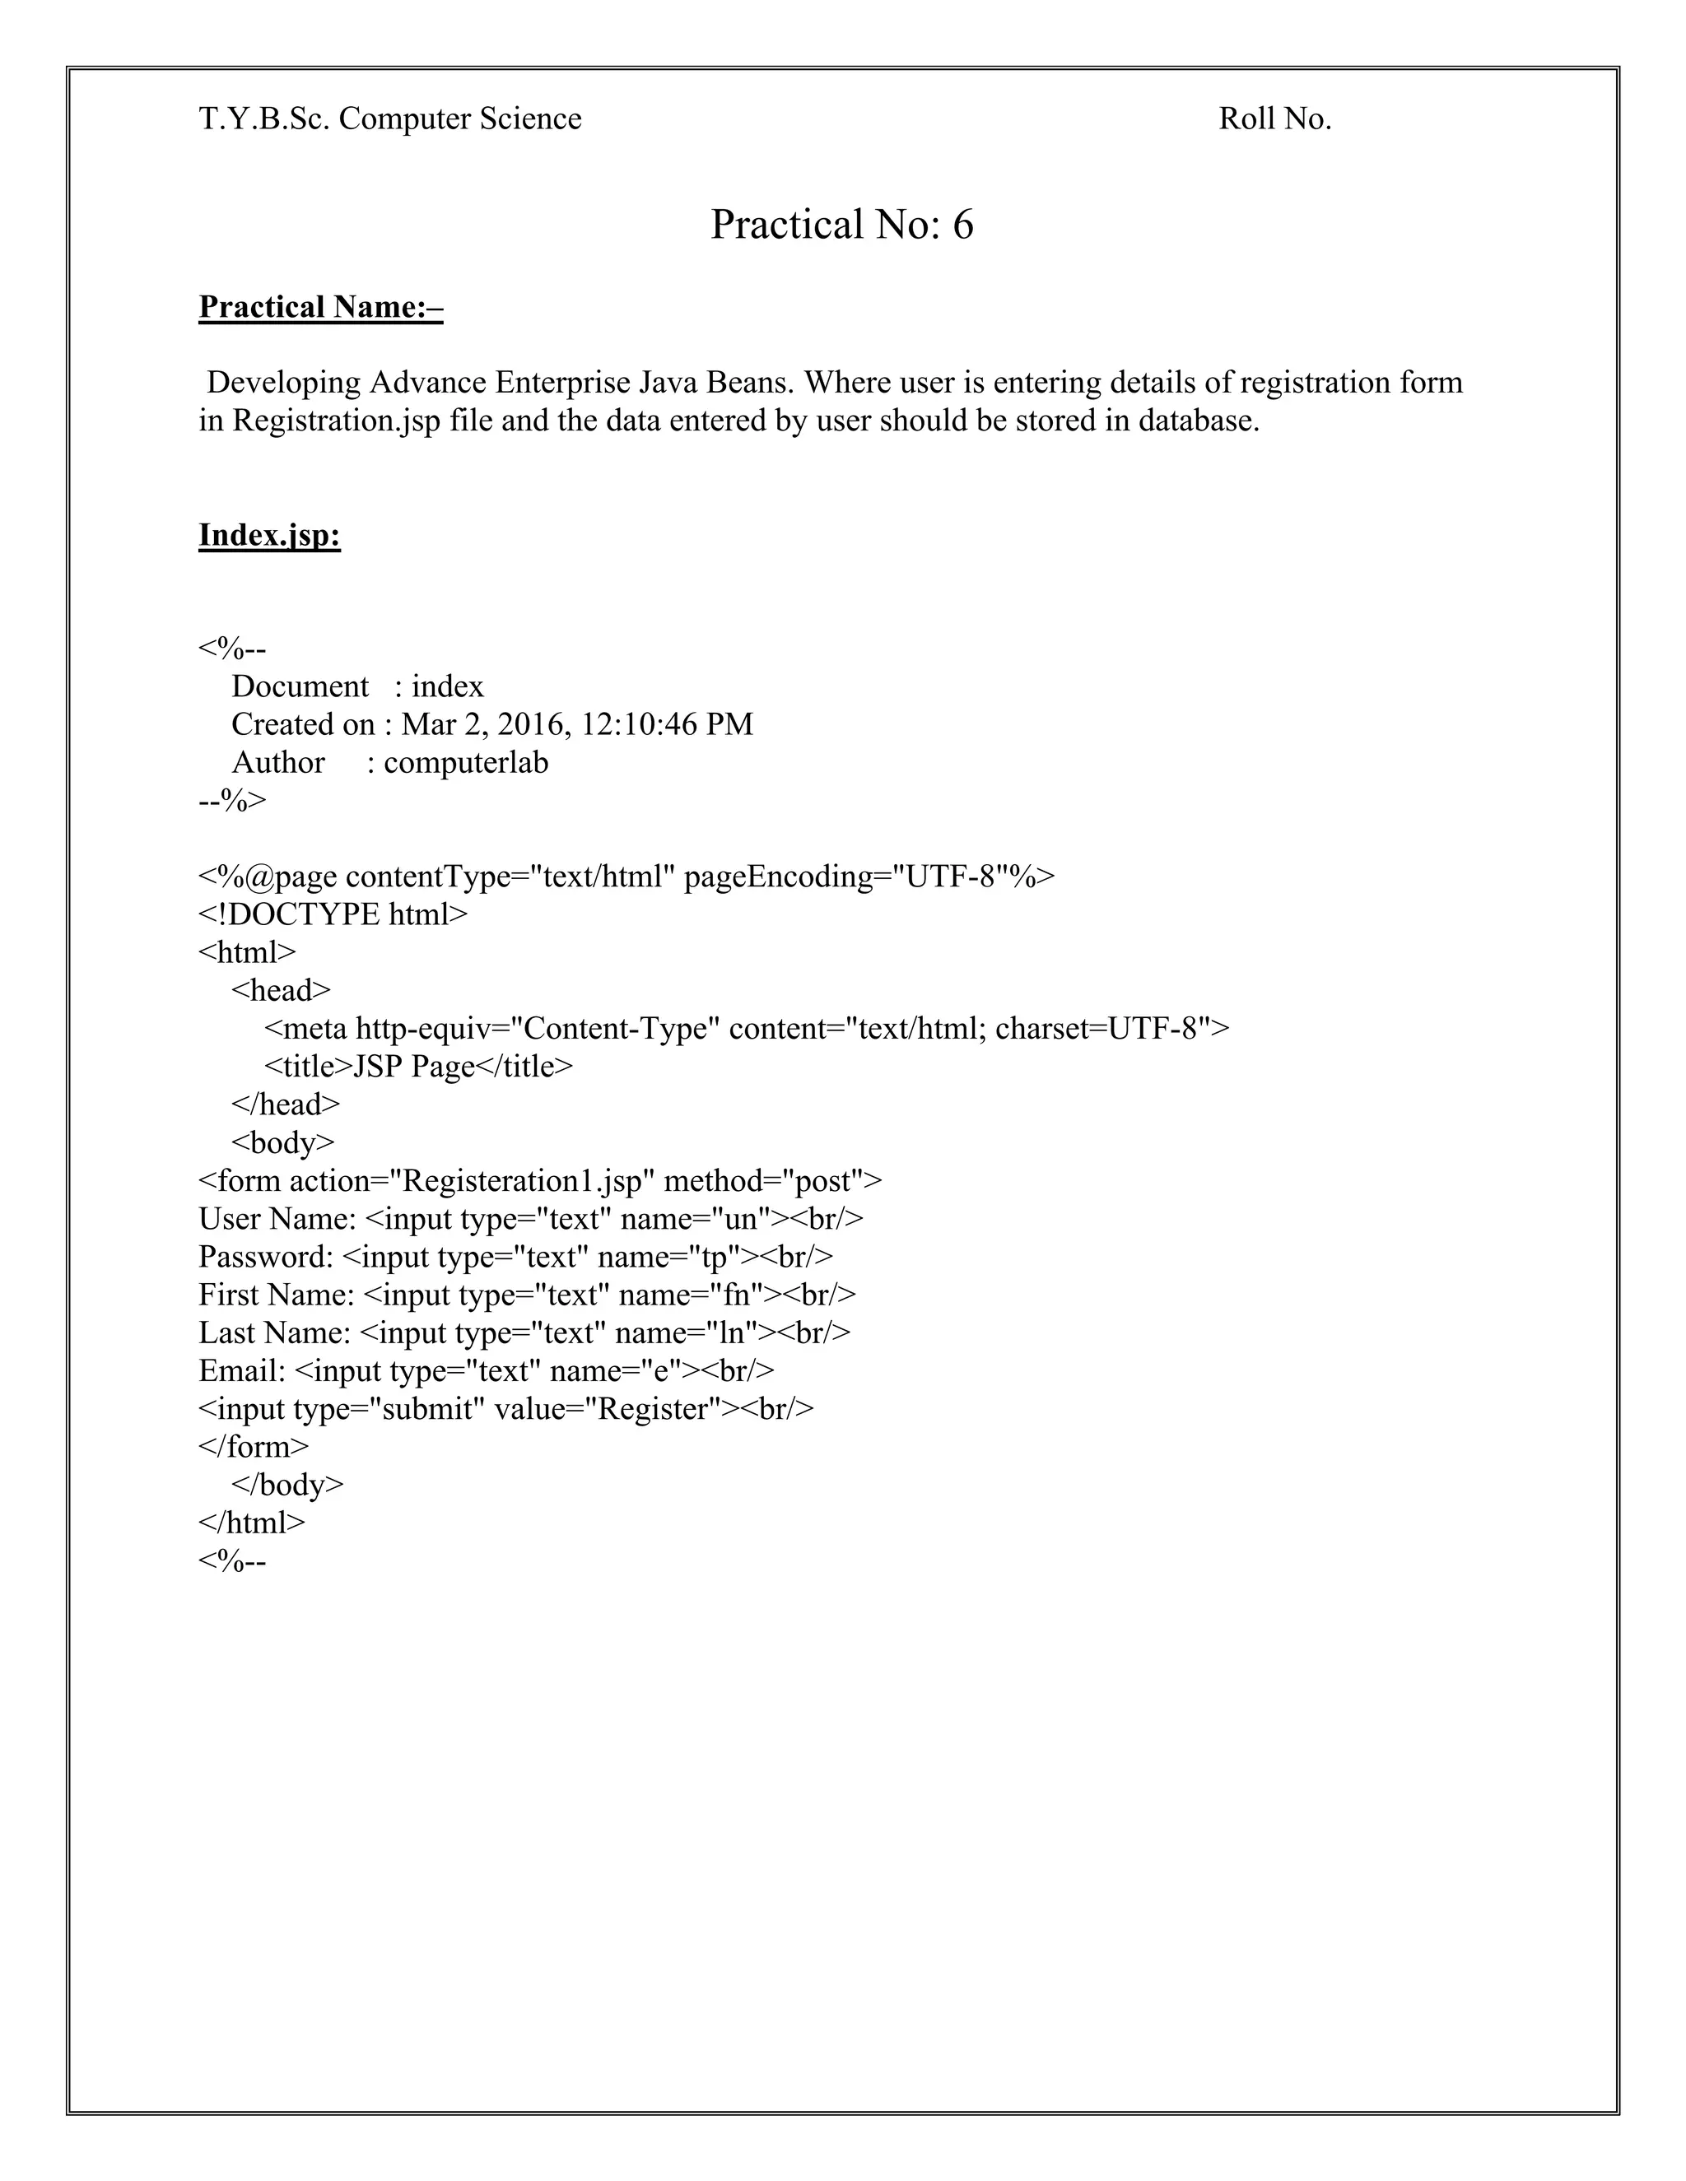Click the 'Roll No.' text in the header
[x=1274, y=119]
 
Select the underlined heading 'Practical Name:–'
[x=320, y=307]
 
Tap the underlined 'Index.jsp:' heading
[x=270, y=535]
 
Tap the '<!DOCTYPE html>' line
[x=333, y=914]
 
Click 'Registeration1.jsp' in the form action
[x=528, y=1180]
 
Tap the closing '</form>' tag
[x=254, y=1446]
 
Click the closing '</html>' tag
[x=252, y=1522]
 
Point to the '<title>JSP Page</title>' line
[x=418, y=1067]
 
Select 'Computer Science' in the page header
[x=459, y=119]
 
